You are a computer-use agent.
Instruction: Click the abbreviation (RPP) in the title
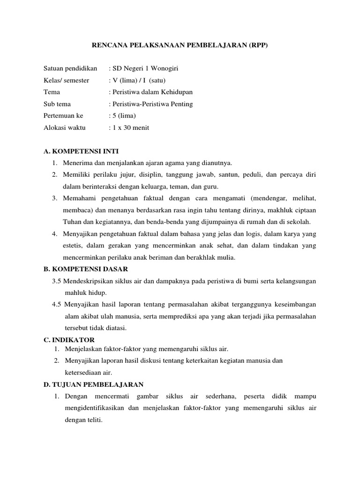(x=258, y=45)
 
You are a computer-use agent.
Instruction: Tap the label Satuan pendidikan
(x=70, y=68)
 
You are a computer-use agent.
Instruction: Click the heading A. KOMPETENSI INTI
(x=81, y=151)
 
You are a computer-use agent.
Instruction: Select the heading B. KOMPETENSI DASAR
(x=85, y=269)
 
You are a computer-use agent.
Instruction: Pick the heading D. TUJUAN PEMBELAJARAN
(x=93, y=384)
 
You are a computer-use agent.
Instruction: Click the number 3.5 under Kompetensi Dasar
(x=57, y=281)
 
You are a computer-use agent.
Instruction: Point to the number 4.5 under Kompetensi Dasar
(x=57, y=304)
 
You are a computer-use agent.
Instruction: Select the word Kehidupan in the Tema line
(x=175, y=92)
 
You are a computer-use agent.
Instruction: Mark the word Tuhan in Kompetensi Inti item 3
(x=71, y=222)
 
